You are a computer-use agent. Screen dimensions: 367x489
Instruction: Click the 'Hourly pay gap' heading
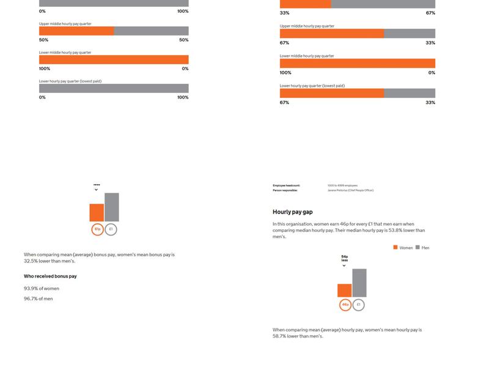[292, 212]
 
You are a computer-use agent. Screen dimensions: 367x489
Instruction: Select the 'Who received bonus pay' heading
[50, 276]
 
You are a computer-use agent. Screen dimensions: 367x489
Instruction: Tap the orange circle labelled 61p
[97, 229]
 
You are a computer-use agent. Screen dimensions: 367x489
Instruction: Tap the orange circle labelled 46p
[345, 305]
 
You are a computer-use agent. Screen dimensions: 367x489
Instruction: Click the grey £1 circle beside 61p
[111, 229]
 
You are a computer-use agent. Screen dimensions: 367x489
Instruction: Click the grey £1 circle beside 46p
[359, 305]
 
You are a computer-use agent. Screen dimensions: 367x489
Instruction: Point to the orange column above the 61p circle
[97, 212]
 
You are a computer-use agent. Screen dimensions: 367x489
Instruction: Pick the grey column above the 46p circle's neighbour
[359, 283]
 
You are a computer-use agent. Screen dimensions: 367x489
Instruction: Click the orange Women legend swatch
[395, 247]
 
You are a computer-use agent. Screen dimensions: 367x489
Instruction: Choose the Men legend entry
[422, 248]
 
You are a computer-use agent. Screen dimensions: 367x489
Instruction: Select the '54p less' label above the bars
[344, 259]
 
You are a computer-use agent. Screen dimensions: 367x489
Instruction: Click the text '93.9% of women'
[42, 288]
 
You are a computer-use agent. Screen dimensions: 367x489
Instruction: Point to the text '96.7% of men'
[39, 298]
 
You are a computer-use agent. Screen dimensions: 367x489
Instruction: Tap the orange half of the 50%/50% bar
[76, 31]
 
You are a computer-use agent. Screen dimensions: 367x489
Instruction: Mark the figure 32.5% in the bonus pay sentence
[31, 261]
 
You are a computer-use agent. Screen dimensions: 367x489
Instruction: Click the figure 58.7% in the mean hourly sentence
[280, 336]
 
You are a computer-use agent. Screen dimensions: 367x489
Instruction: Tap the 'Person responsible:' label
[285, 190]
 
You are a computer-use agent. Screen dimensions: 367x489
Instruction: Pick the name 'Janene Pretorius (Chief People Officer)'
[350, 190]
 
